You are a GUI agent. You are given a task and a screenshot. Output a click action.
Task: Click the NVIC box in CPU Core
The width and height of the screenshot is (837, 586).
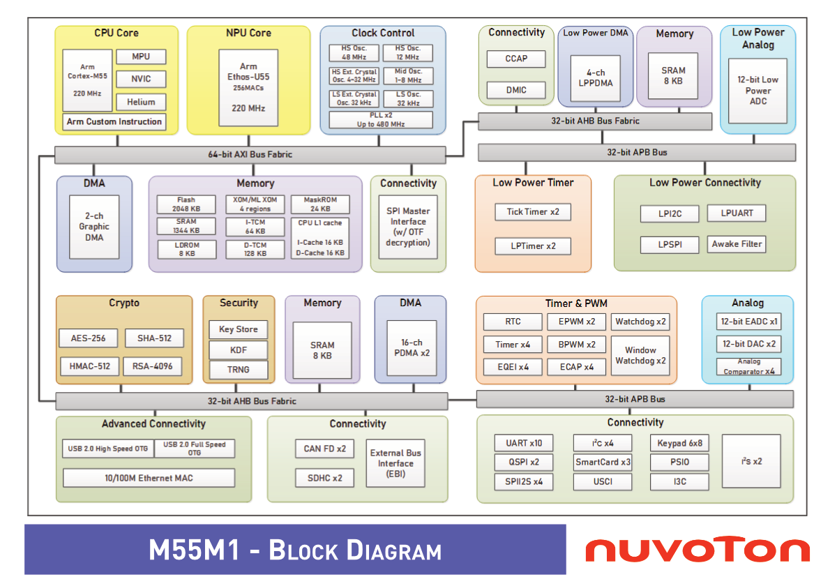tap(141, 79)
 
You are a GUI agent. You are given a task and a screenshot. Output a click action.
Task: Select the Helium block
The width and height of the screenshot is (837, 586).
tap(141, 102)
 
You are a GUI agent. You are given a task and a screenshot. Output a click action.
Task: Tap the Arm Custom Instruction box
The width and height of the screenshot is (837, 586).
tap(114, 121)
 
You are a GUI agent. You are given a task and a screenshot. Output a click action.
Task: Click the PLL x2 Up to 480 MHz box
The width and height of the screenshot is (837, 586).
tap(381, 119)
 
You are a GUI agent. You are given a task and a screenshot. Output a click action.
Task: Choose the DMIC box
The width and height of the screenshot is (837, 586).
tap(516, 90)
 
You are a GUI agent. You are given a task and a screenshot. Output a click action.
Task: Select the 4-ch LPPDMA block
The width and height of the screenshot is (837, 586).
tap(596, 77)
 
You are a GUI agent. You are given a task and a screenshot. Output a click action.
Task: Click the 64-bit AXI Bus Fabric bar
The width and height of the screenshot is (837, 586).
tap(250, 154)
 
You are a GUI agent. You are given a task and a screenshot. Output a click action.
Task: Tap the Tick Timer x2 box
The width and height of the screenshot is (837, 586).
tap(533, 212)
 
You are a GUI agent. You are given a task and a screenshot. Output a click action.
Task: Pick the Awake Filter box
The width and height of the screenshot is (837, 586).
tap(737, 244)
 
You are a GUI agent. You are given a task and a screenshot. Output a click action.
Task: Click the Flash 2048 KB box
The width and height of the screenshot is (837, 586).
tap(186, 204)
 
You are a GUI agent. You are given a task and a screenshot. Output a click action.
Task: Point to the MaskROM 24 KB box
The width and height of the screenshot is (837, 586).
tap(320, 204)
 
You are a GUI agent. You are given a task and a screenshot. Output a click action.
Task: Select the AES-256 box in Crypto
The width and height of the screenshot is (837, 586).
tap(89, 338)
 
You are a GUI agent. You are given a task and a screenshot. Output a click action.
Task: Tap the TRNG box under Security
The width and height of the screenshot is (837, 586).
tap(238, 370)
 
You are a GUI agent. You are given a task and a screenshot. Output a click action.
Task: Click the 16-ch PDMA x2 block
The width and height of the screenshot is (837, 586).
tap(411, 347)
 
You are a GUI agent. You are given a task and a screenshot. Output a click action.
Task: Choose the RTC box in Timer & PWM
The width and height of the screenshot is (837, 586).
tap(513, 322)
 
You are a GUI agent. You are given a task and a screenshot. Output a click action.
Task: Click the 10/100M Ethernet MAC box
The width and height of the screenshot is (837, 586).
tap(149, 478)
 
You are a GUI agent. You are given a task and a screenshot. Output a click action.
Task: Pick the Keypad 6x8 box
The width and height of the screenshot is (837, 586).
tap(679, 443)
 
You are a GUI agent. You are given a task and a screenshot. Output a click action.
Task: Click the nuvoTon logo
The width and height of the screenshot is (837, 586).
tap(697, 550)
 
